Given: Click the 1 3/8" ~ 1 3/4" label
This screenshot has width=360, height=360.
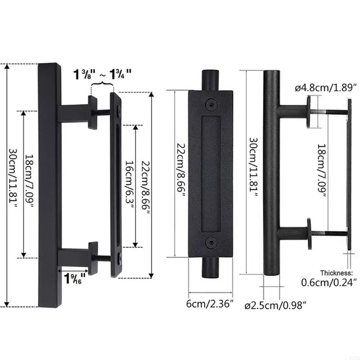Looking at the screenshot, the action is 103,74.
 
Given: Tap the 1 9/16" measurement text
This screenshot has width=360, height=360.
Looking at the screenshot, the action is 76,279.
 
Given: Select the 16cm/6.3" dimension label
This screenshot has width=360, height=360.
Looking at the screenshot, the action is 129,185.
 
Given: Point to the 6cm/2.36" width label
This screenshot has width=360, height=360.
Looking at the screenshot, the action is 210,304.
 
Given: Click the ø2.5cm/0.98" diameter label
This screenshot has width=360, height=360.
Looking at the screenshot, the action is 275,306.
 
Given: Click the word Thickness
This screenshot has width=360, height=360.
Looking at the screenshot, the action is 336,273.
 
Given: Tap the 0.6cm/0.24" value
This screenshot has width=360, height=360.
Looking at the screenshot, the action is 329,282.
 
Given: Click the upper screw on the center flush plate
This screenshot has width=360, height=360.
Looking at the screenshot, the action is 211,103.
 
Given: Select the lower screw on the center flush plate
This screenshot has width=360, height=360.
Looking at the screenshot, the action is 210,243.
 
